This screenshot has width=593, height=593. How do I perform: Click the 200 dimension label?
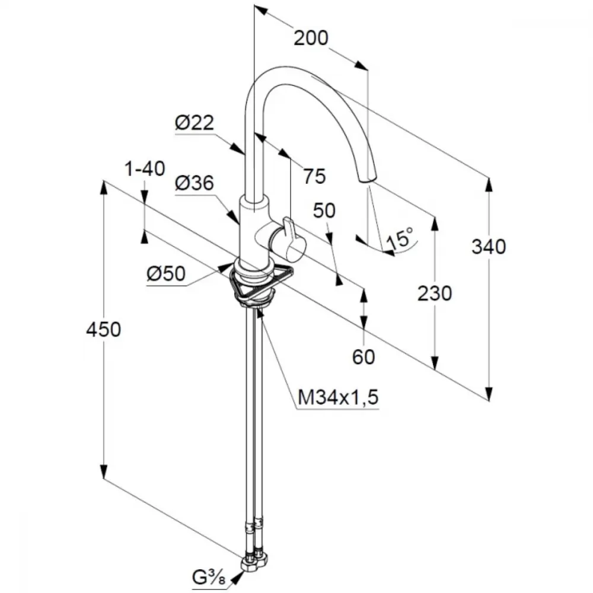click(x=311, y=38)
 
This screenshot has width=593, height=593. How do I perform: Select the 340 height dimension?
click(x=489, y=247)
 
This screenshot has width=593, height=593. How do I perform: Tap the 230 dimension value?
click(x=435, y=294)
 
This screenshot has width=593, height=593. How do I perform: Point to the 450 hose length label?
click(x=104, y=329)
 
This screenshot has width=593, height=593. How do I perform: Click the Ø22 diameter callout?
click(x=195, y=123)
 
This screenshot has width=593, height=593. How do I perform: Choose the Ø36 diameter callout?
click(x=195, y=183)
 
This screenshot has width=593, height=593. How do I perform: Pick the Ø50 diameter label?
click(x=167, y=273)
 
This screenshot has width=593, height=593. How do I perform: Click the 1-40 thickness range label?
click(x=145, y=168)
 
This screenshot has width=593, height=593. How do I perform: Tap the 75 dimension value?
click(x=315, y=176)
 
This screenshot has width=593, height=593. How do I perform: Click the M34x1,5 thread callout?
click(x=338, y=397)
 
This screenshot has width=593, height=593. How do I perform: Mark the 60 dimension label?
click(x=364, y=356)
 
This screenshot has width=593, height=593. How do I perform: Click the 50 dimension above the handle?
click(x=324, y=211)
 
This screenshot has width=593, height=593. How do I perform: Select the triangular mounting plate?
click(x=262, y=282)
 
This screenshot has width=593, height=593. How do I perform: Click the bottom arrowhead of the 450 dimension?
click(x=104, y=473)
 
